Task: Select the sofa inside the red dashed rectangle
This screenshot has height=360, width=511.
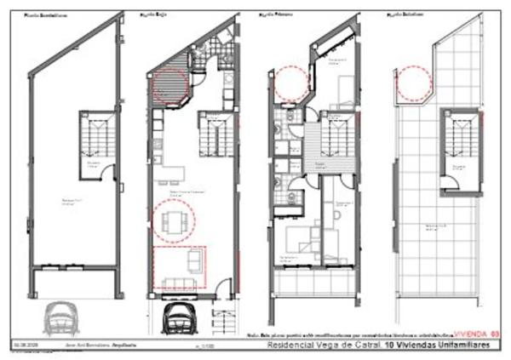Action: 179,283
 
